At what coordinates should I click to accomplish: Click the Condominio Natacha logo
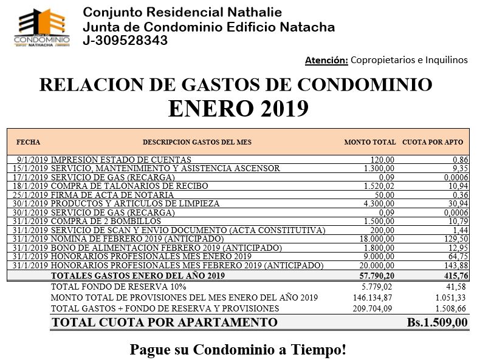click(41, 27)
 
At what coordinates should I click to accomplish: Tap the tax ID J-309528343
click(125, 41)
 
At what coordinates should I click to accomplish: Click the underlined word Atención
click(326, 59)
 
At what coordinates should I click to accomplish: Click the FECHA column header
click(29, 142)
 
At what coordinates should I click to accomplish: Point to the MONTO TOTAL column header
click(369, 142)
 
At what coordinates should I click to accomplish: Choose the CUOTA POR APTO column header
click(433, 142)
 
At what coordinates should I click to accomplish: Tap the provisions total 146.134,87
click(372, 297)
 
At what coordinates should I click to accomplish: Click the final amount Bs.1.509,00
click(437, 322)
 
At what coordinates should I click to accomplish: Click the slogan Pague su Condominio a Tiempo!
click(238, 350)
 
